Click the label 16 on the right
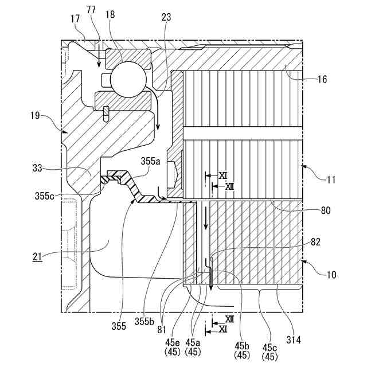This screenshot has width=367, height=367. (322, 79)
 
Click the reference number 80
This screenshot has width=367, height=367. (326, 210)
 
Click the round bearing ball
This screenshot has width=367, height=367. (129, 79)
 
